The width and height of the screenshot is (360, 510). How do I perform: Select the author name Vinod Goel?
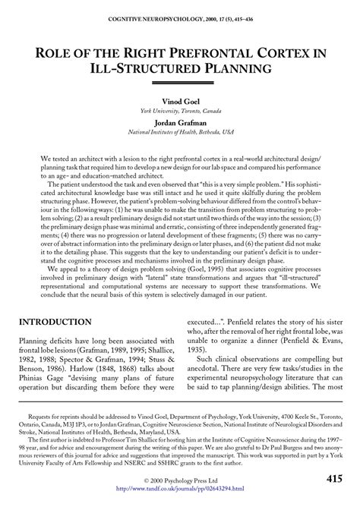click(181, 100)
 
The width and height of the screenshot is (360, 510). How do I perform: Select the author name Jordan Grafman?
click(181, 122)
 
